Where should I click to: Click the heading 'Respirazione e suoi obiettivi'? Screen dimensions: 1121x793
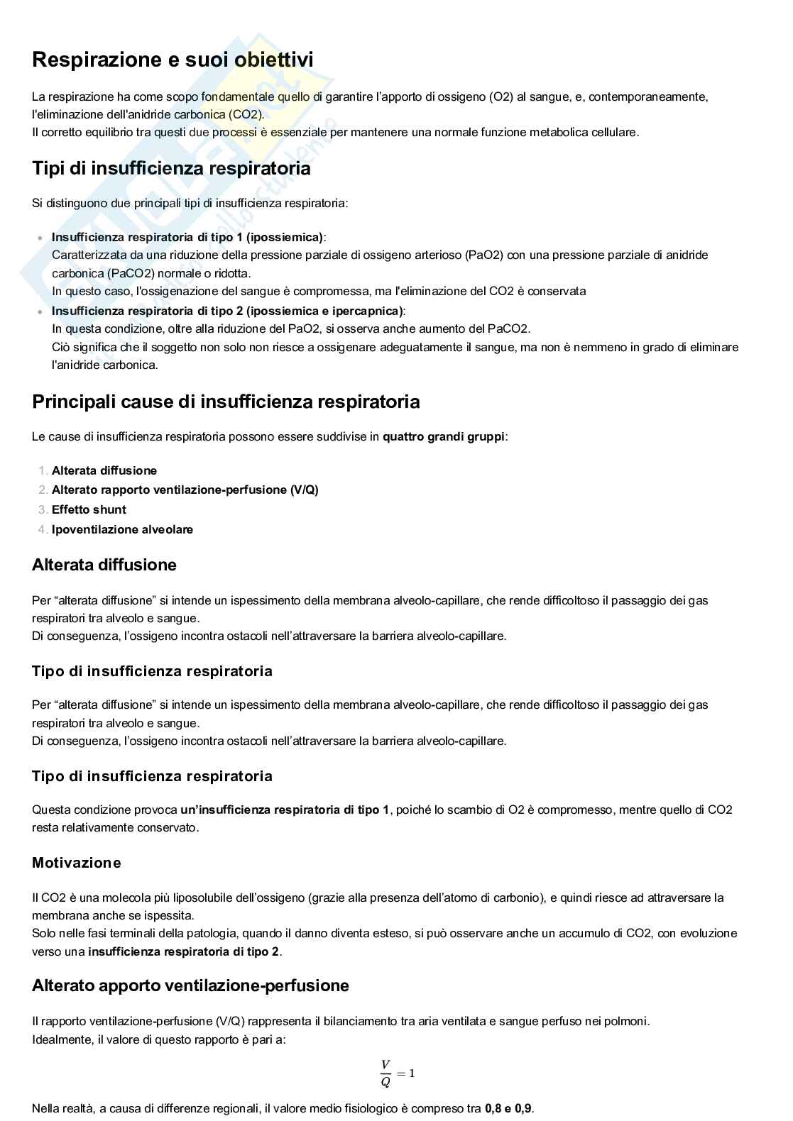[173, 60]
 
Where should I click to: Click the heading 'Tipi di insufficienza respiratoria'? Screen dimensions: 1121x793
[171, 169]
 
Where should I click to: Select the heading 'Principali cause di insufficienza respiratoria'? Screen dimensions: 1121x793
[226, 402]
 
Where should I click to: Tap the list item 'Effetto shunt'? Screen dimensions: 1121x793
[89, 509]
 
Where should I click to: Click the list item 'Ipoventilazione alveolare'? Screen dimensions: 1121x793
[122, 529]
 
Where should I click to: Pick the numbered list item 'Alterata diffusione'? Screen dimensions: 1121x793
[104, 470]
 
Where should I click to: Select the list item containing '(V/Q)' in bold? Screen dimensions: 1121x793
[185, 490]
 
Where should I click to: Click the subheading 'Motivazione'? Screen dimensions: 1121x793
[77, 863]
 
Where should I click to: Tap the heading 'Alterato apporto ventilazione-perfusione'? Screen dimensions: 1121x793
[190, 985]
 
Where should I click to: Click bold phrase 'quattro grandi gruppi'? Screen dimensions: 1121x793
[443, 436]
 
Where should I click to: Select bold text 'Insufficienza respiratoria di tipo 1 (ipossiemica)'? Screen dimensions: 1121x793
[187, 237]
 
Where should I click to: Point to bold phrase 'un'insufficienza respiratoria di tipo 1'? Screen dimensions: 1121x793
[285, 810]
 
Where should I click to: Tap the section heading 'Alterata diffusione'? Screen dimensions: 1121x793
[104, 565]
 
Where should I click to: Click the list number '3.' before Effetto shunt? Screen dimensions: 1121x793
[43, 509]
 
